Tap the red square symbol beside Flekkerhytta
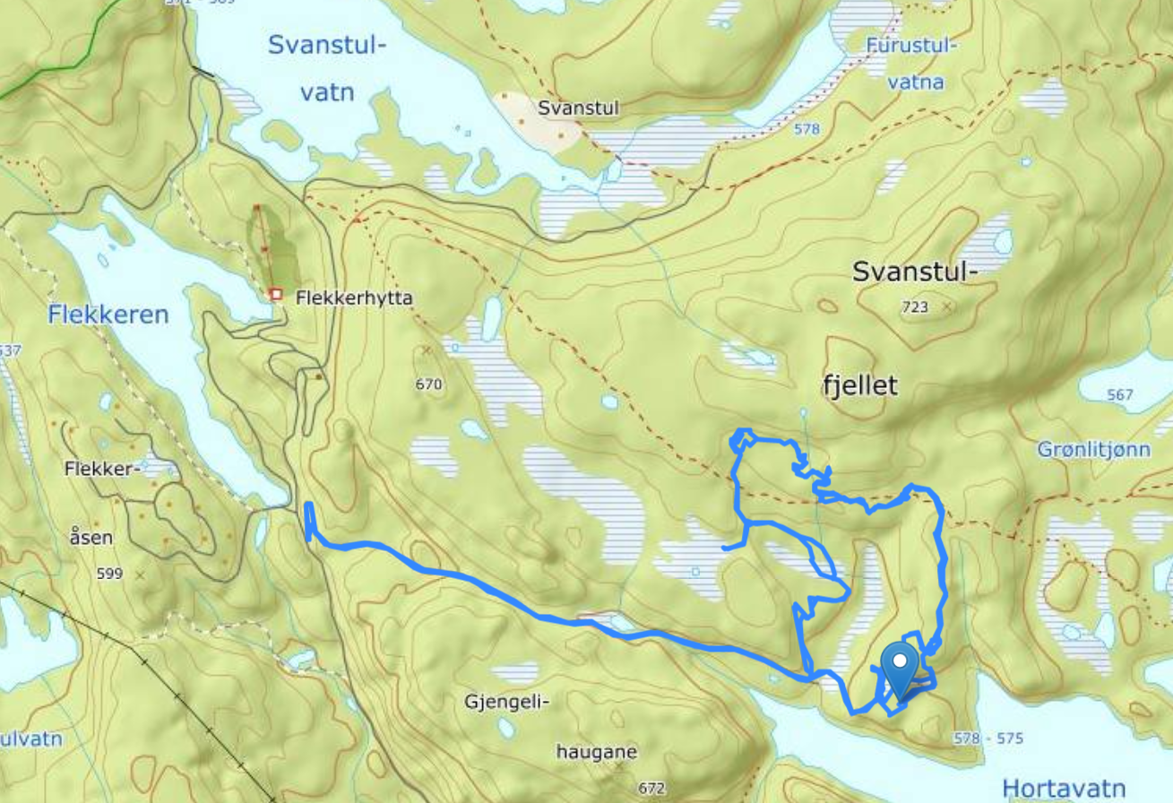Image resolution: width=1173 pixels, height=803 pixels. click(x=276, y=294)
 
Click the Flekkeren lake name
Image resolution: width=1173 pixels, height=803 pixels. click(x=109, y=315)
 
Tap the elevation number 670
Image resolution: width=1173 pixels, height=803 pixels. click(x=429, y=385)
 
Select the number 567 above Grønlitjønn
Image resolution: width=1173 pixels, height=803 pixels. click(x=1119, y=395)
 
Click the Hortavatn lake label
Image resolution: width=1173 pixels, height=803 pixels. click(x=1064, y=788)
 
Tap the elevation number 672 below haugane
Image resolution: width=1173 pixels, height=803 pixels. click(x=651, y=789)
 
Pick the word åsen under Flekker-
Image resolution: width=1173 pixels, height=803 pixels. click(x=91, y=538)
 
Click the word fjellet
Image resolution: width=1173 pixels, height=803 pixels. click(x=859, y=385)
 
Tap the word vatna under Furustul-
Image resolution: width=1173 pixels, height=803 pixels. click(x=915, y=83)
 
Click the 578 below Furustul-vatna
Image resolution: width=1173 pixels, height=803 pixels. click(x=806, y=129)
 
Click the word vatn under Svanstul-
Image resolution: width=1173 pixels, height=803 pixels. click(x=326, y=92)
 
